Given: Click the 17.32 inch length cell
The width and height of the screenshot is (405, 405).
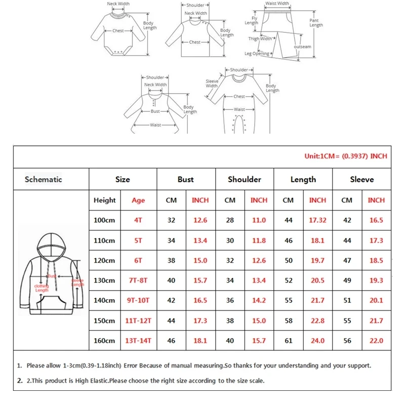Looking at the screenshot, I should pyautogui.click(x=317, y=220).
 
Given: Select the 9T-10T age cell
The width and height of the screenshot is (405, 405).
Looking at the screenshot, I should pyautogui.click(x=138, y=300).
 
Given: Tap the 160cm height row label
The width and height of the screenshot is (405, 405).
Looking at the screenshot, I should pyautogui.click(x=104, y=341).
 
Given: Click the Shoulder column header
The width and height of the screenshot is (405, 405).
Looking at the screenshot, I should pyautogui.click(x=245, y=179).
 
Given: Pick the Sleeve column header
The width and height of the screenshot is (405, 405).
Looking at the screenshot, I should pyautogui.click(x=362, y=179).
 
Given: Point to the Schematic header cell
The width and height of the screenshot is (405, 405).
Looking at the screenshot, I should pyautogui.click(x=44, y=179).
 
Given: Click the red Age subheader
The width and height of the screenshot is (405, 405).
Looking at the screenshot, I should pyautogui.click(x=138, y=200).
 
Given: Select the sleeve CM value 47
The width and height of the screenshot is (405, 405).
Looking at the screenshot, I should pyautogui.click(x=347, y=260).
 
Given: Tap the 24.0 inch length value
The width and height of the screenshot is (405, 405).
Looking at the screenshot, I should pyautogui.click(x=317, y=341).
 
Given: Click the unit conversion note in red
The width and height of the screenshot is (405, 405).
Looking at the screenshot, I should pyautogui.click(x=345, y=156).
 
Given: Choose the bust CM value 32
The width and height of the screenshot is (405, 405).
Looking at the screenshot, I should pyautogui.click(x=171, y=220).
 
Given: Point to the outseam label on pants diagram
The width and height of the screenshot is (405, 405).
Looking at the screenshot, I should pyautogui.click(x=303, y=47).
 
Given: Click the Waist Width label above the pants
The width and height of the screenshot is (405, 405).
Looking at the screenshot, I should pyautogui.click(x=277, y=4).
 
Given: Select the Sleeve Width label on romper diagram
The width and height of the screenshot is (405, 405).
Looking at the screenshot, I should pyautogui.click(x=212, y=84).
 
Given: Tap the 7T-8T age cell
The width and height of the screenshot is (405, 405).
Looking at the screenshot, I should pyautogui.click(x=138, y=280).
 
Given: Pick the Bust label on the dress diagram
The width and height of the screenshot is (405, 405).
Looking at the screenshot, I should pyautogui.click(x=155, y=111).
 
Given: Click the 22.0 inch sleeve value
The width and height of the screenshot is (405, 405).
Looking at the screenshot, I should pyautogui.click(x=376, y=341).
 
